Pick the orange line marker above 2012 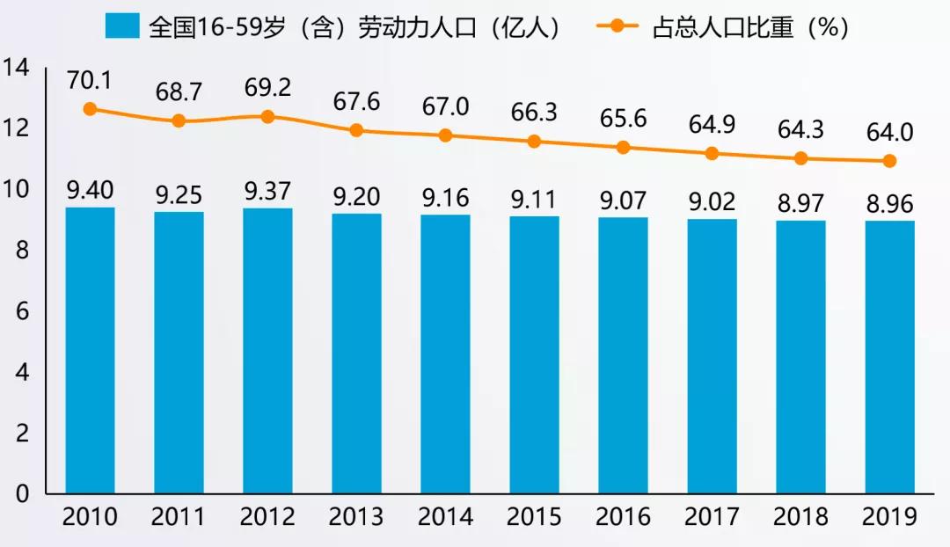267,116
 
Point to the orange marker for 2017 712,153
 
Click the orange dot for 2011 179,120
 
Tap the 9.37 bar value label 267,190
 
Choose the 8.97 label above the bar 800,204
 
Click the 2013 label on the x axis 356,516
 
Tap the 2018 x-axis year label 800,516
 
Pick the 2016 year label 623,516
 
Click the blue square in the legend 121,26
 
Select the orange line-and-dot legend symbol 618,26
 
